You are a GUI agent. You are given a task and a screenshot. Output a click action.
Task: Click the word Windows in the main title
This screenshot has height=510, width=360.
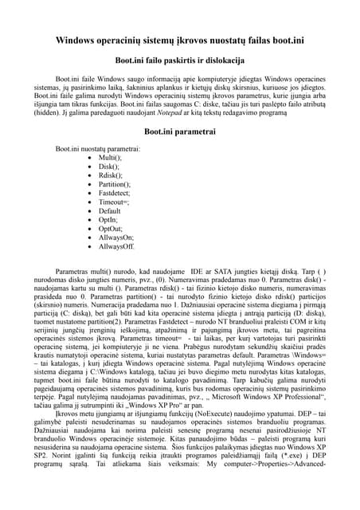82,41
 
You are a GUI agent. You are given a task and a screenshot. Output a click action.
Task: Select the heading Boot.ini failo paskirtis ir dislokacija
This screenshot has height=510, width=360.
179,60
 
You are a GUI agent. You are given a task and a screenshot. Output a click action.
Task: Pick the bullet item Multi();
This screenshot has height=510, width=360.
110,158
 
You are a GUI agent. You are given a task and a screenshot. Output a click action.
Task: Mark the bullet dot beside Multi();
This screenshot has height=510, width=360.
88,158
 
